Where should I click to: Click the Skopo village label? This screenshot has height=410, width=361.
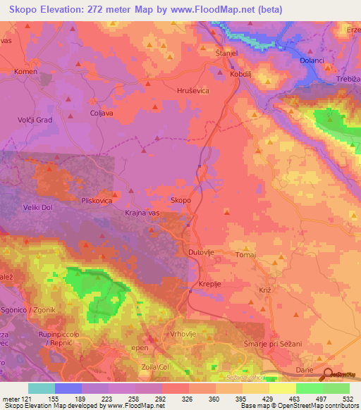click(181, 201)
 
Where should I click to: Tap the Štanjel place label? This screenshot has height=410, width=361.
click(226, 53)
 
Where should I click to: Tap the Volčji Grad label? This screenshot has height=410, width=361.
click(35, 120)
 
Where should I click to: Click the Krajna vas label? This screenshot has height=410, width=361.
click(144, 213)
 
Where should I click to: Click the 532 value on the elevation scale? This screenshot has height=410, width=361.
click(345, 398)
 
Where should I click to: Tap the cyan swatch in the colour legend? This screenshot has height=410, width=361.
click(42, 388)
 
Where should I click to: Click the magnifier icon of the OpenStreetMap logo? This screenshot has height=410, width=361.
click(326, 375)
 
